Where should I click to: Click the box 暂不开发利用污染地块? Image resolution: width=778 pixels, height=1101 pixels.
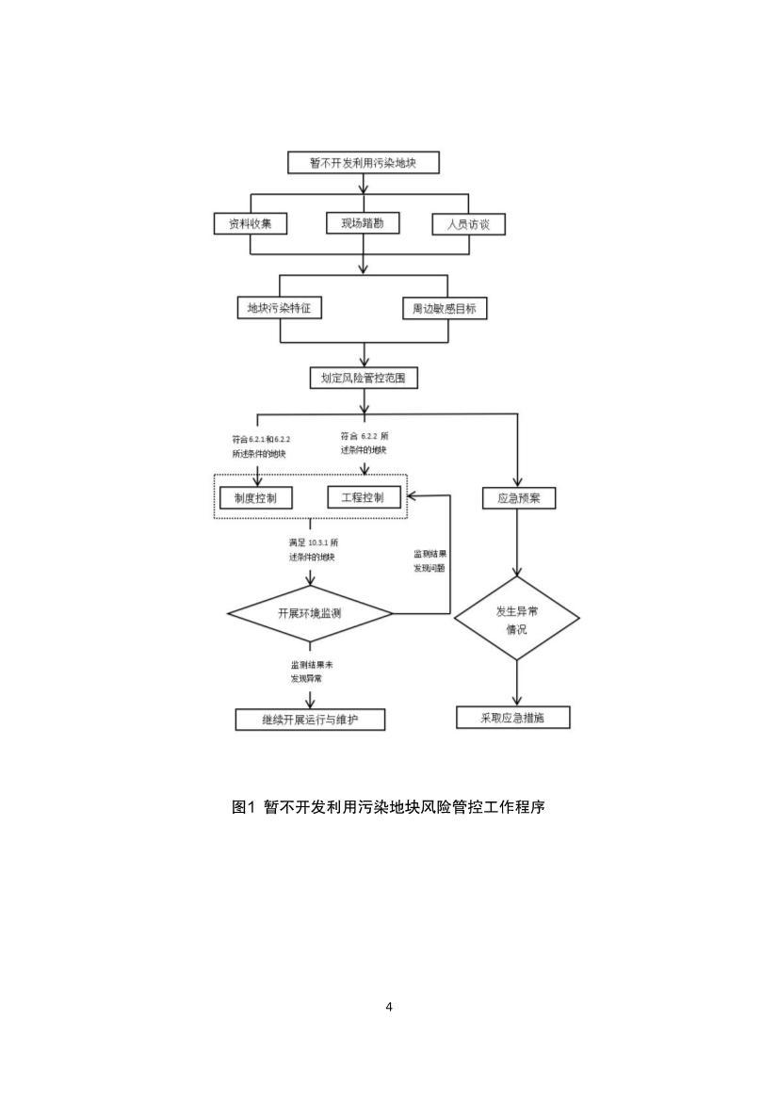tap(363, 163)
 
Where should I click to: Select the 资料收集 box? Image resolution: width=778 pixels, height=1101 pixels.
tap(250, 223)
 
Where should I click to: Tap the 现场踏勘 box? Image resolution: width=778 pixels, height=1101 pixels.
tap(363, 223)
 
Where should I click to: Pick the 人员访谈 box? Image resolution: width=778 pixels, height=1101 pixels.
tap(468, 224)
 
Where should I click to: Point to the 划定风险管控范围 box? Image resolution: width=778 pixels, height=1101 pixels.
tap(363, 378)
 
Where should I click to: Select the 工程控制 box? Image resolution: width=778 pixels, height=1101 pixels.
tap(363, 496)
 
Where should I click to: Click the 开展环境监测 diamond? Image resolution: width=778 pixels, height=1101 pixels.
tap(310, 614)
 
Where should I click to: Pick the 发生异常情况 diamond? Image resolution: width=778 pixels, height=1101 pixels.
tap(516, 619)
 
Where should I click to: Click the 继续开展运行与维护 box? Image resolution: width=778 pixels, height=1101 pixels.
tap(310, 720)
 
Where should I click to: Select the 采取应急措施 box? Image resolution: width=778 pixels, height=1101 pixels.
tap(513, 717)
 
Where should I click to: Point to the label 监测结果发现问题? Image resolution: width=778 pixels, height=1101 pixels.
tap(429, 561)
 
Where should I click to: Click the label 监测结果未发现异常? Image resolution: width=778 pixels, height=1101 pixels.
tap(311, 672)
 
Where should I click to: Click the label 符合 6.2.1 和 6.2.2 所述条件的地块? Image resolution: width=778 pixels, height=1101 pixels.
tap(260, 446)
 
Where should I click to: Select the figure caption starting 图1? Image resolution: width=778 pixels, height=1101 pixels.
tap(389, 806)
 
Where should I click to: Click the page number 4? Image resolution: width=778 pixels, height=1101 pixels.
tap(389, 1007)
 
